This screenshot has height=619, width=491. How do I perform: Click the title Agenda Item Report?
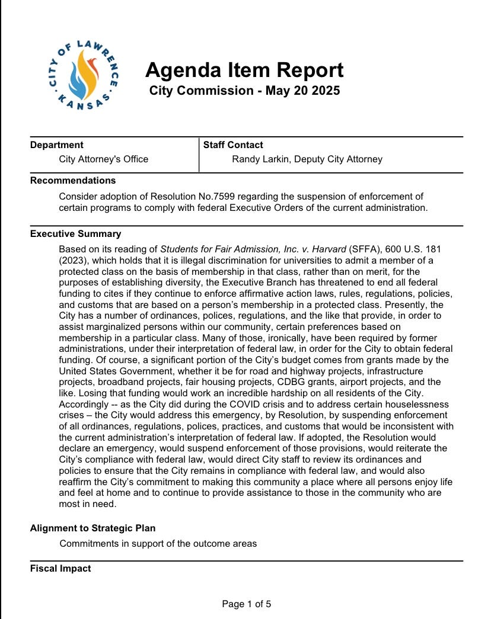coord(244,70)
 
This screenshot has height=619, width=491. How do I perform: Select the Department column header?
coord(57,145)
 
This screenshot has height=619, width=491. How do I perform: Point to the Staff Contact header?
coord(233,145)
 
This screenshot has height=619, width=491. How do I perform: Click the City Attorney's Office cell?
coord(104,159)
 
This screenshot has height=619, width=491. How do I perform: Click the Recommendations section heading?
coord(73,180)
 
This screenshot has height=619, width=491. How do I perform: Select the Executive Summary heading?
coord(75,233)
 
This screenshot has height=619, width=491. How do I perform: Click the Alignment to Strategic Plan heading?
coord(93,528)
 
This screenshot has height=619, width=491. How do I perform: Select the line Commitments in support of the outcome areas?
coord(158,543)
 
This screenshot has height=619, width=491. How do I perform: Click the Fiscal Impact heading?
coord(60,569)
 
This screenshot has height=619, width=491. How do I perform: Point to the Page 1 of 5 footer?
coord(246,604)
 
